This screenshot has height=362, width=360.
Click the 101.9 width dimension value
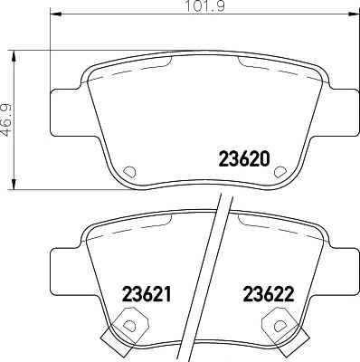coord(204,6)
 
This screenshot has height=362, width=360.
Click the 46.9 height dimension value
coord(6,119)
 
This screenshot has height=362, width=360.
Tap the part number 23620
coord(243,159)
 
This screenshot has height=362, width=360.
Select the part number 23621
coord(147,294)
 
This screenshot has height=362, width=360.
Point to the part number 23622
coord(269,294)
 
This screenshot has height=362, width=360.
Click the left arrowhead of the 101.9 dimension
coord(55,14)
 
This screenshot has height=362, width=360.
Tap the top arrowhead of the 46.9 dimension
coord(14,57)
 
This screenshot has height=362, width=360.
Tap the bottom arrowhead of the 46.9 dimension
coord(14,184)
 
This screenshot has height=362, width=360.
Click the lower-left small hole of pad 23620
coord(129,172)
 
